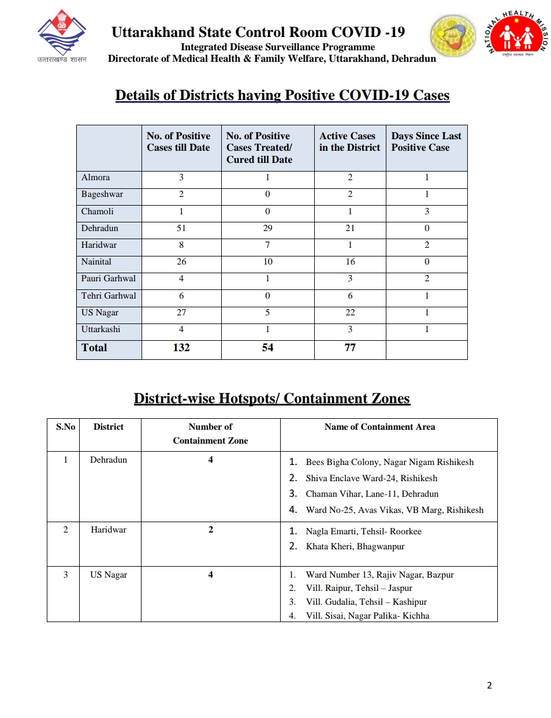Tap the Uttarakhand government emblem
62,33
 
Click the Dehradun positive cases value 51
181,228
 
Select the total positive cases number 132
181,348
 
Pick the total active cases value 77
350,348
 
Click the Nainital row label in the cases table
96,262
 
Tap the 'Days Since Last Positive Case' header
426,142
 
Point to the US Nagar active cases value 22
350,313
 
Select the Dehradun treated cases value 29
267,228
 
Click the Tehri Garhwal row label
109,296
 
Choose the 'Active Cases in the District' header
349,142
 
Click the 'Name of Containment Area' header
379,427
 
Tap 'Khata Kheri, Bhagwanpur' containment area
355,546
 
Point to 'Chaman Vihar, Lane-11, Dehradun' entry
372,494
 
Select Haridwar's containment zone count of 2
211,530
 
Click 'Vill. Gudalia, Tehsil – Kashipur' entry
366,602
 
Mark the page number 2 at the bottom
489,685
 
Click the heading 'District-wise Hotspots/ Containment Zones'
271,399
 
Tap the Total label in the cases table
94,348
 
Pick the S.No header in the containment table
65,427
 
